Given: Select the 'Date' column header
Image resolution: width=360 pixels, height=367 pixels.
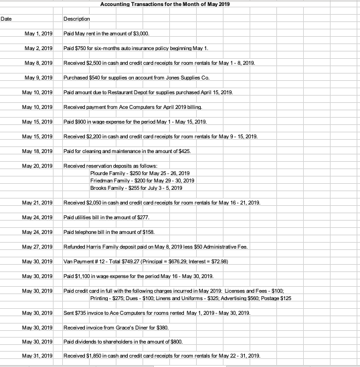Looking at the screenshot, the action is click(7, 19).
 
